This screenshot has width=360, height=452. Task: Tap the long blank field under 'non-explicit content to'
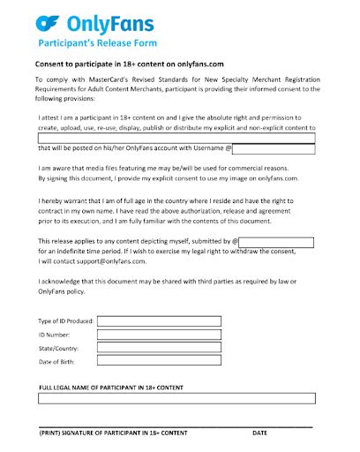click(176, 138)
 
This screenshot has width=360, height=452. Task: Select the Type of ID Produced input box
click(159, 321)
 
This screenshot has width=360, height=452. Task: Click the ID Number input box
click(159, 335)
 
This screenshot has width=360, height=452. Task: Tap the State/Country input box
click(159, 349)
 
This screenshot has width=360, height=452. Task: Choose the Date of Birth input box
click(159, 363)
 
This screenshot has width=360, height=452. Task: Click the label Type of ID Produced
click(66, 321)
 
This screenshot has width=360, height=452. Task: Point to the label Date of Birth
click(59, 363)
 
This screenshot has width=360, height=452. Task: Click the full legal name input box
click(176, 398)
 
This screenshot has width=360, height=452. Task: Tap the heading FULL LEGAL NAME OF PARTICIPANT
click(110, 387)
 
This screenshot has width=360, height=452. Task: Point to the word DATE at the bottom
click(259, 433)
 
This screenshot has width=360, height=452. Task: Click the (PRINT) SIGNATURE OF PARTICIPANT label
click(113, 433)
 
